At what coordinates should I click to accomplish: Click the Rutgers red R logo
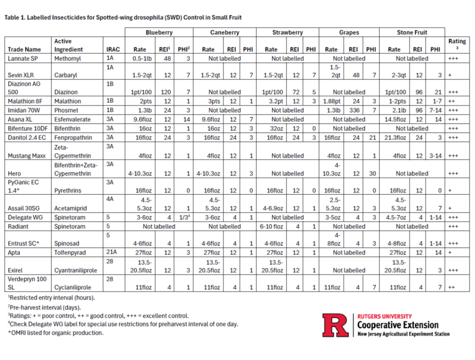pos(335,325)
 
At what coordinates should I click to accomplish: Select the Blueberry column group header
pos(159,32)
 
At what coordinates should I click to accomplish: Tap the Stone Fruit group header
pos(412,32)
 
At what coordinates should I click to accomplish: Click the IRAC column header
pos(113,49)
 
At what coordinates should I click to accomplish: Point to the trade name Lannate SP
pos(23,58)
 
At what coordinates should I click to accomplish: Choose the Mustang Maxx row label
pos(27,156)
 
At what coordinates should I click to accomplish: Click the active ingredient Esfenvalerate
pos(72,120)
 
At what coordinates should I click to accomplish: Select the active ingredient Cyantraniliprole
pos(76,270)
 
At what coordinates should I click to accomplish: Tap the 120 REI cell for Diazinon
pos(166,92)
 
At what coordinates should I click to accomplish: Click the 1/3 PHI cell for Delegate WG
pos(184,217)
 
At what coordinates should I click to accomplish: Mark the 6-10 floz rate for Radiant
pos(272,226)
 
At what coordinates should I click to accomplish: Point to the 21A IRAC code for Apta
pos(111,252)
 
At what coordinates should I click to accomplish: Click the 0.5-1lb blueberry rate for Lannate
pos(142,58)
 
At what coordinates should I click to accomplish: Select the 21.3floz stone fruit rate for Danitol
pos(395,138)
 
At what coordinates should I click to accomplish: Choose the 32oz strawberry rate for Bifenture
pos(277,129)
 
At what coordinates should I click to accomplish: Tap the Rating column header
pos(457,41)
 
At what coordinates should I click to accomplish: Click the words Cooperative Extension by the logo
pos(398,325)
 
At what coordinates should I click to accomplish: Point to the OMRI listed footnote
pos(56,333)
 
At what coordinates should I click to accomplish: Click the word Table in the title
pos(12,17)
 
